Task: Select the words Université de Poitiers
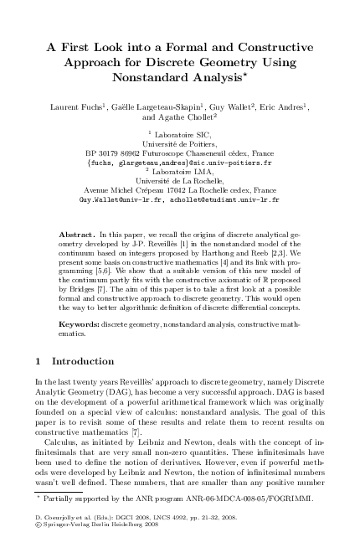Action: [x=179, y=144]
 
